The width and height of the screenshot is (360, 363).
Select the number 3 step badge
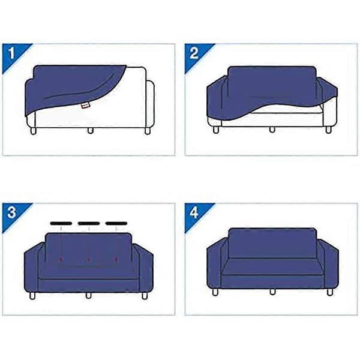point(11,213)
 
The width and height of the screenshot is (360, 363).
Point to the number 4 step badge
point(194,213)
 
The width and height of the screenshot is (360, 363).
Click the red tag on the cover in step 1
point(85,106)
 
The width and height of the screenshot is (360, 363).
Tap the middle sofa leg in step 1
point(91,131)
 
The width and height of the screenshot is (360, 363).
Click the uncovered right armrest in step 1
point(151,104)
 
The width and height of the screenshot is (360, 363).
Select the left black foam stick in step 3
point(61,223)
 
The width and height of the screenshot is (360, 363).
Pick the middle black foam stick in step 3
point(89,223)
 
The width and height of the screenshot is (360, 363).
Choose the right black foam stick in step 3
point(116,223)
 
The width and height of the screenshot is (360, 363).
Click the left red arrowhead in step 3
point(61,259)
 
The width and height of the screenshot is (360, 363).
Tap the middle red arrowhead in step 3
point(88,260)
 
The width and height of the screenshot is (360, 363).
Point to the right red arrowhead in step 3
point(116,259)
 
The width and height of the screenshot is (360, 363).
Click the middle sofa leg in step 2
point(272,130)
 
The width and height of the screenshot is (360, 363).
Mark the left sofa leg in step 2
point(216,130)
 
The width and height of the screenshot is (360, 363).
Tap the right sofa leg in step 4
point(329,292)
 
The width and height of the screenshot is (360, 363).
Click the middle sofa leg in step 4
point(272,292)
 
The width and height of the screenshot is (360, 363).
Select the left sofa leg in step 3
point(32,296)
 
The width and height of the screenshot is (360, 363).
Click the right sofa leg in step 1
point(148,131)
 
